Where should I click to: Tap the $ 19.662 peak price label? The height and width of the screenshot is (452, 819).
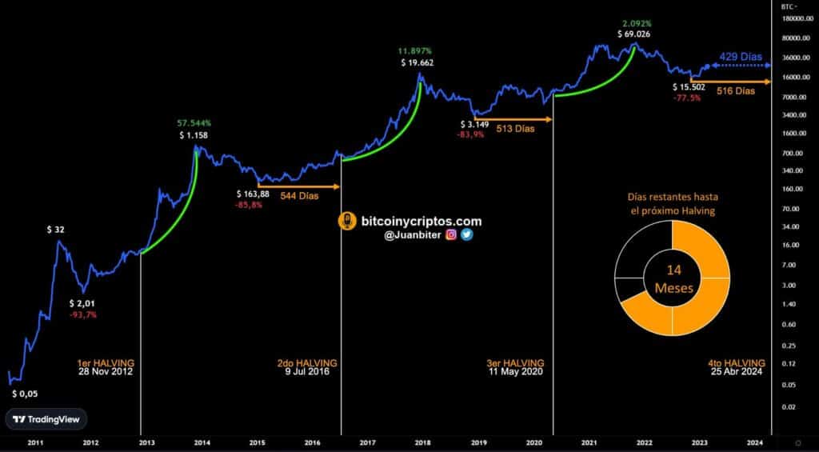417,62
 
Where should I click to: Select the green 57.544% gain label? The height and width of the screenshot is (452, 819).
194,123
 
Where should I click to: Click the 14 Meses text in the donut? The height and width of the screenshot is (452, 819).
672,278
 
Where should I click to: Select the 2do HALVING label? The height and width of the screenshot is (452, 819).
307,363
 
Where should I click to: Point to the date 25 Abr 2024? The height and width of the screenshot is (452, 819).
737,373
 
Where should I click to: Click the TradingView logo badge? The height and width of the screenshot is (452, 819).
46,419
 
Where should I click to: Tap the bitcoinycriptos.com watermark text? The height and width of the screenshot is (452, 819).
421,222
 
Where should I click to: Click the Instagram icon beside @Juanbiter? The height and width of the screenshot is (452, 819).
451,235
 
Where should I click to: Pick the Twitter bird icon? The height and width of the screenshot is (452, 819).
466,235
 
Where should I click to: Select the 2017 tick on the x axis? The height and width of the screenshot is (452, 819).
369,442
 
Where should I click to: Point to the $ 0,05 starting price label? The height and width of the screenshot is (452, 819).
25,394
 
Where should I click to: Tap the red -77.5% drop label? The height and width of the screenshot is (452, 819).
687,98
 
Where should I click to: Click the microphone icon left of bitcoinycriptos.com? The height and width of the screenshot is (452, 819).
348,222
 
